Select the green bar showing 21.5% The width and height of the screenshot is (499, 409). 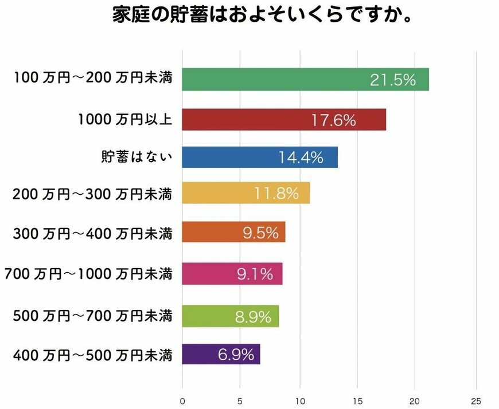click(305, 80)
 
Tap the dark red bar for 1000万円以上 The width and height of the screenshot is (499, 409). click(284, 120)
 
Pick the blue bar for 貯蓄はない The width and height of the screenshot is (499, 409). click(260, 157)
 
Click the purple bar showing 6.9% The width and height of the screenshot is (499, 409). click(221, 354)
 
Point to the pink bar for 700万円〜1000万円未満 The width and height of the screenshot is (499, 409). click(232, 274)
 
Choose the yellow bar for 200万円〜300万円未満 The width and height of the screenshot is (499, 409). click(245, 193)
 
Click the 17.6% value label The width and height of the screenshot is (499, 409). click(334, 120)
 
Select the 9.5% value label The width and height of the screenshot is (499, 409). click(260, 233)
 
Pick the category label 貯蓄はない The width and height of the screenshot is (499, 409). click(136, 156)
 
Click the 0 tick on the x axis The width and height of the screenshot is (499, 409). click(182, 400)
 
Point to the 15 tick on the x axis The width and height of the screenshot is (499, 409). click(358, 400)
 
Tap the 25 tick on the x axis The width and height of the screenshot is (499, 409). click(475, 400)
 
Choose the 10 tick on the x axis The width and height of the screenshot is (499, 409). click(299, 400)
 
